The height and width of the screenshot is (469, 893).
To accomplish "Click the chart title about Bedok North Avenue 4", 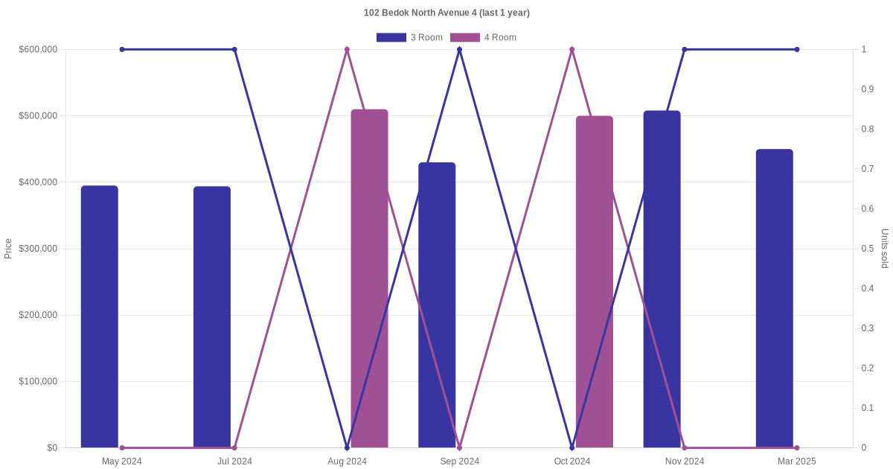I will tap(446, 13).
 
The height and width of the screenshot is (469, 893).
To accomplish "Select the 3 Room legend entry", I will tap(409, 37).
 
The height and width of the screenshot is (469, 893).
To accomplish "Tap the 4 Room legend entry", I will tap(483, 37).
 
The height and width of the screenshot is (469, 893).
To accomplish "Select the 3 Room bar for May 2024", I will tap(100, 316).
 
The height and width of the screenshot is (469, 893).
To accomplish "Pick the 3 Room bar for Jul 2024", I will tap(212, 317).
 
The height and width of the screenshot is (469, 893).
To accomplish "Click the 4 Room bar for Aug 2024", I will tap(370, 278).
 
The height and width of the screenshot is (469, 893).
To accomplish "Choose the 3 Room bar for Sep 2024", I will tap(437, 305).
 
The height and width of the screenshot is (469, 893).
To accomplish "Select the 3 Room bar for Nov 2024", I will tap(662, 279).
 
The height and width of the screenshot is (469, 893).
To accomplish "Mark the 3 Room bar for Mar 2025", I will tap(775, 299).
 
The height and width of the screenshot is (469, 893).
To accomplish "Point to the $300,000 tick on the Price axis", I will tap(38, 249).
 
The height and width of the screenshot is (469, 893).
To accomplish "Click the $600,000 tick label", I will tap(38, 50).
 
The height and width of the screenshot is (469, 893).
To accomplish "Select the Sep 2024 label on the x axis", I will tap(459, 462).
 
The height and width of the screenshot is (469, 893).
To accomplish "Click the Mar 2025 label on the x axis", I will tap(796, 462).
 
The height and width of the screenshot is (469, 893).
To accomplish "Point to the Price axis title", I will tap(8, 249).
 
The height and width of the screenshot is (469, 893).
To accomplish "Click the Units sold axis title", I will tap(885, 249).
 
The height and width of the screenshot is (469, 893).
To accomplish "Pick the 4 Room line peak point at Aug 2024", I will tap(347, 50).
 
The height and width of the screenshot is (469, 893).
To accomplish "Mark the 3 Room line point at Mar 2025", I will tap(796, 50).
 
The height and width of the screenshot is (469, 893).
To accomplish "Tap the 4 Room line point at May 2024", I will tap(122, 447).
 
